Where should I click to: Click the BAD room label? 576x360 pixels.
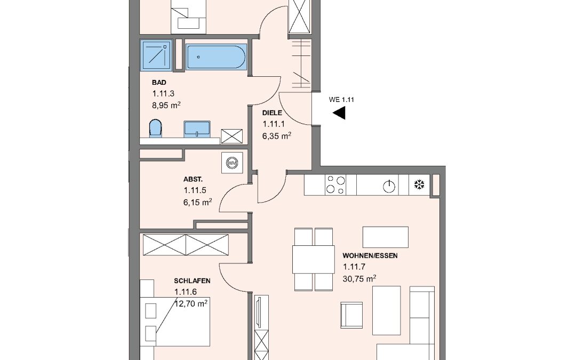click(x=159, y=83)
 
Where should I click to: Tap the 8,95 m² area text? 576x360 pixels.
click(x=166, y=106)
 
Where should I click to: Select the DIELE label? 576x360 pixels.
click(x=272, y=113)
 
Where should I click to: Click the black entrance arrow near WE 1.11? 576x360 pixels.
click(x=339, y=113)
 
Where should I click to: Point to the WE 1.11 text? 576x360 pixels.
click(x=341, y=100)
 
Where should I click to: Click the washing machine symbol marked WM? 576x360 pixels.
click(x=232, y=162)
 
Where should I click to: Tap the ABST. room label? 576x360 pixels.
click(x=193, y=180)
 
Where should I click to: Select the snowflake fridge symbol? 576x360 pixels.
click(x=419, y=185)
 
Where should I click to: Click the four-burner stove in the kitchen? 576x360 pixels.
click(x=336, y=185)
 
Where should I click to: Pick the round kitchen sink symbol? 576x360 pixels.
click(x=389, y=187)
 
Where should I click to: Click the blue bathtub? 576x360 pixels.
click(x=215, y=57)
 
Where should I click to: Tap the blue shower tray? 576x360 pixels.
click(x=156, y=55)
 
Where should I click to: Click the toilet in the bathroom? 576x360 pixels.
click(x=155, y=128)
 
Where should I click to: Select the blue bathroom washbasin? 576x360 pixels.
click(x=197, y=129)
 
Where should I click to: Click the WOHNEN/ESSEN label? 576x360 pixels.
click(x=370, y=255)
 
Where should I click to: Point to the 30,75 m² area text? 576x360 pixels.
click(x=359, y=279)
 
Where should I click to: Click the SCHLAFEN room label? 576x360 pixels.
click(x=192, y=281)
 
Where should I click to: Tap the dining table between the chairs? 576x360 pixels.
click(x=314, y=259)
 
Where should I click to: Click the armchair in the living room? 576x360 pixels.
click(x=351, y=315)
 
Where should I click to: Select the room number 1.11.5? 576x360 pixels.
click(x=195, y=190)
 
